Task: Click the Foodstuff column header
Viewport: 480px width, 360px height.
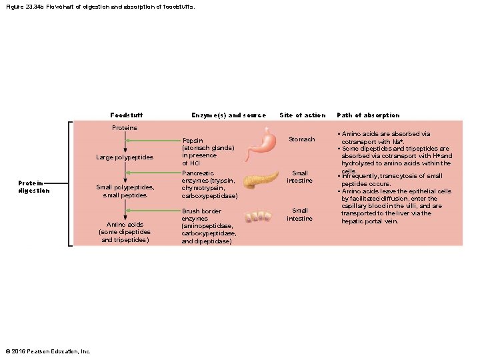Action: point(126,115)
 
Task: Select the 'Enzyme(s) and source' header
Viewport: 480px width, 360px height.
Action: point(228,115)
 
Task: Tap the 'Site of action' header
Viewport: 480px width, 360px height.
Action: point(303,115)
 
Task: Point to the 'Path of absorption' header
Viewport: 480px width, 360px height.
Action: point(368,115)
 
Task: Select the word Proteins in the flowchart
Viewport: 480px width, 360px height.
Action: point(124,127)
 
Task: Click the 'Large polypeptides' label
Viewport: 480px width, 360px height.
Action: point(125,157)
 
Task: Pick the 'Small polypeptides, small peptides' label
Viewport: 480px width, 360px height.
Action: point(125,191)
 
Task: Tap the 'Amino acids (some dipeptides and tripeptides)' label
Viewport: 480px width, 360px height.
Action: point(125,232)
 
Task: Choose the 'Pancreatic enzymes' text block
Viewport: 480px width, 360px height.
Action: point(209,184)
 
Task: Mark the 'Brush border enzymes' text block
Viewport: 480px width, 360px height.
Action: point(209,225)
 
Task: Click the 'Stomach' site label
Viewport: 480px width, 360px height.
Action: point(301,139)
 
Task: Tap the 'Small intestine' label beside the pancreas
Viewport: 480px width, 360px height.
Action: point(300,177)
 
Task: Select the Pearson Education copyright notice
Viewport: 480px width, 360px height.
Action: point(47,351)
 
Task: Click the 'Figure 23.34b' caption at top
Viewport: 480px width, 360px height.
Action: point(100,7)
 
